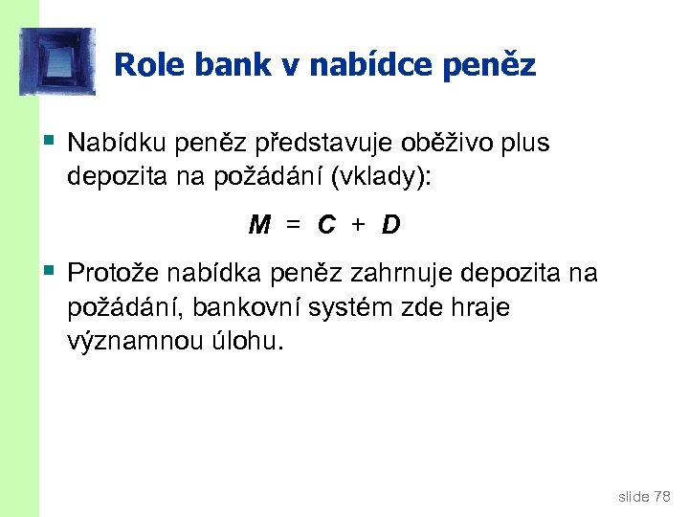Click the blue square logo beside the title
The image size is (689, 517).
click(57, 61)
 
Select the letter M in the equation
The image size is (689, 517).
click(258, 225)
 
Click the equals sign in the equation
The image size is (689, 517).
click(294, 225)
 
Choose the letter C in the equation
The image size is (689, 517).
click(327, 225)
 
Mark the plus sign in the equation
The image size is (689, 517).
click(358, 225)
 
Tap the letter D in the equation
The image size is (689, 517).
click(390, 225)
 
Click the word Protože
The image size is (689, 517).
click(115, 275)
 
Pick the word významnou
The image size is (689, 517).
click(132, 342)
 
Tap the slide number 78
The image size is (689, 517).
click(661, 496)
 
